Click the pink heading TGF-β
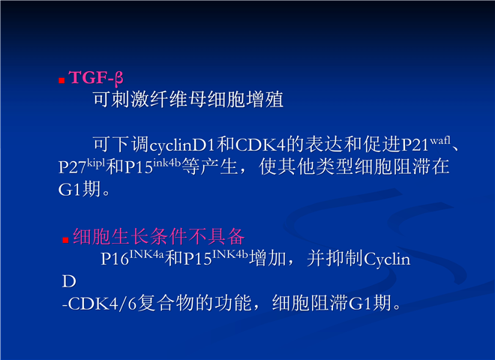[96, 78]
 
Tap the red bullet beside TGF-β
[61, 81]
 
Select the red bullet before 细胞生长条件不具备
[65, 240]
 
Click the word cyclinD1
[183, 145]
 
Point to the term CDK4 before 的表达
[260, 145]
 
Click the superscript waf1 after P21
[440, 140]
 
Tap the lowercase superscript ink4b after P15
[166, 163]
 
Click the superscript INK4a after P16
[146, 254]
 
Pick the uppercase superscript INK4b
[230, 254]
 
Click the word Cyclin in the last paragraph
[387, 259]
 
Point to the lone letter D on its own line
[69, 281]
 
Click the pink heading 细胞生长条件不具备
[159, 237]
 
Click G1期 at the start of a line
[79, 189]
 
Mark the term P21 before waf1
[415, 145]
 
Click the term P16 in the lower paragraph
[115, 259]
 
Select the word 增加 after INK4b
[268, 259]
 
